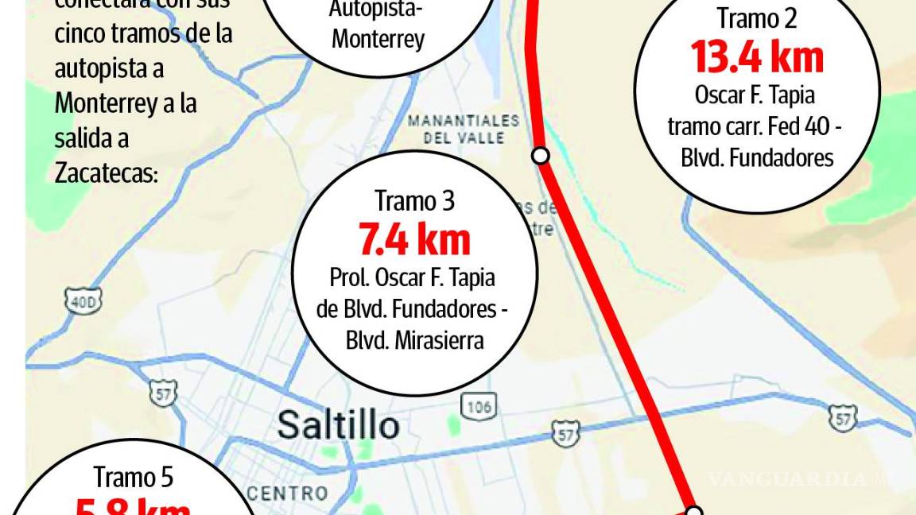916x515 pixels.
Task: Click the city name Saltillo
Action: (x=338, y=426)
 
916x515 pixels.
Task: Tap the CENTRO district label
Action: (x=288, y=494)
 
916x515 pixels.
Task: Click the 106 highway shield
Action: (x=480, y=407)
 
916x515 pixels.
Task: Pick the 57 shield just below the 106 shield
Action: (x=565, y=433)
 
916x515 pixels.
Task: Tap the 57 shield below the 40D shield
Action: (x=165, y=393)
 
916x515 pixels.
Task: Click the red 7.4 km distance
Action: (x=414, y=239)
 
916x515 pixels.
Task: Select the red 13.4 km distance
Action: (x=756, y=57)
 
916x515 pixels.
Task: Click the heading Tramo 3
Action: (x=414, y=201)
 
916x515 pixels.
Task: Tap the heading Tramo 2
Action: (x=756, y=18)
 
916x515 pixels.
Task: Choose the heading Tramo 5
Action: (x=134, y=477)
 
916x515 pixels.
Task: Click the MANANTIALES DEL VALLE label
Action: (x=464, y=129)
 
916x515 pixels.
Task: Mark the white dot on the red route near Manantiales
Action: (x=541, y=156)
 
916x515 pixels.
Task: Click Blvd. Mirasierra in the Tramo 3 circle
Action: (x=414, y=339)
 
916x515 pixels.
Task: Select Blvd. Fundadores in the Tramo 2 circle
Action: (x=756, y=157)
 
